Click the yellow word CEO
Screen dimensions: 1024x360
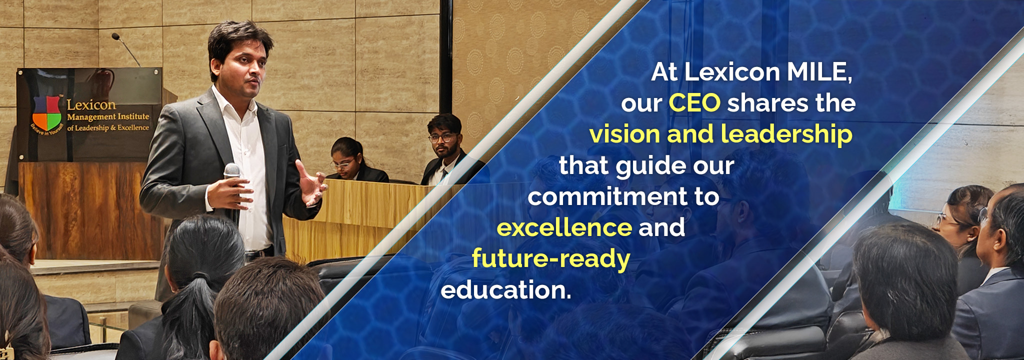(694, 103)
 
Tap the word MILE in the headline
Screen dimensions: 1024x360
(819, 72)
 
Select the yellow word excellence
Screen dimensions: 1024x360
(564, 227)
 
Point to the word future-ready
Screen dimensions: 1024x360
(551, 259)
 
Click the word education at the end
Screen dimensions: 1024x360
(505, 290)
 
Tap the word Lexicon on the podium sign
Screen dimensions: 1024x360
(91, 105)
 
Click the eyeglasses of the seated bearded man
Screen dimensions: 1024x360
(443, 137)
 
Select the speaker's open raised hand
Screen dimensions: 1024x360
(311, 182)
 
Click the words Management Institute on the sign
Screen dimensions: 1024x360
(108, 117)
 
